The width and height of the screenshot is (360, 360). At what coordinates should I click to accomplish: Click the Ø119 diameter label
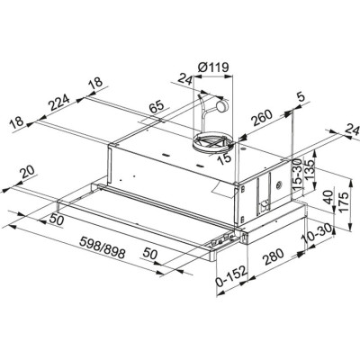click(211, 65)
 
